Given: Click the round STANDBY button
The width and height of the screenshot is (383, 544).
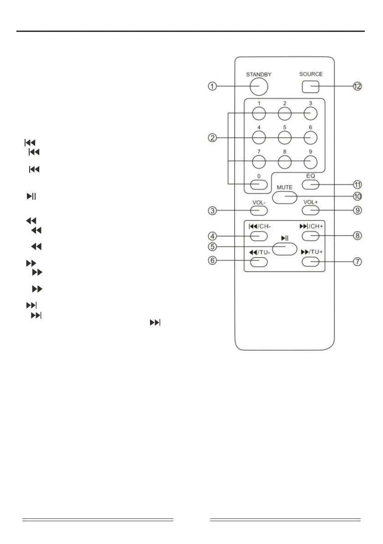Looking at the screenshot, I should [x=258, y=86].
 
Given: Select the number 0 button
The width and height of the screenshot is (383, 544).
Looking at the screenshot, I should [x=258, y=184].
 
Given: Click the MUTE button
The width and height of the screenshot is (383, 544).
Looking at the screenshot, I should [x=285, y=197].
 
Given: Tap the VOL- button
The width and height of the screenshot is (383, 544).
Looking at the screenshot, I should [x=258, y=210].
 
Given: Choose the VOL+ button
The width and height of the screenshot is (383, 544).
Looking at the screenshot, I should [x=311, y=210].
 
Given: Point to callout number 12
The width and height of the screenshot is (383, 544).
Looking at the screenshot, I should [x=358, y=86].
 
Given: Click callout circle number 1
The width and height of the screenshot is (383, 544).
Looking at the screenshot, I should [x=212, y=87].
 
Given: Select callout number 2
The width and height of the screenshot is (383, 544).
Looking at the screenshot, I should [x=212, y=136].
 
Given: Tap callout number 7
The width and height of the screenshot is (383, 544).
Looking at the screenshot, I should [x=358, y=262].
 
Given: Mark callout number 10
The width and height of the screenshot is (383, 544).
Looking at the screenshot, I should [x=358, y=197].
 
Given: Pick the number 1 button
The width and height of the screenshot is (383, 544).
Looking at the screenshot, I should [x=258, y=112].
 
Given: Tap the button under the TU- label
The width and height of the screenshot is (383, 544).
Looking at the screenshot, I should [x=258, y=262].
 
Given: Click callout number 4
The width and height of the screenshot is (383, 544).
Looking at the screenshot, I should [x=212, y=236].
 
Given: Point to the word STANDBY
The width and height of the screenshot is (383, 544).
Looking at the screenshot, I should [x=259, y=74].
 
